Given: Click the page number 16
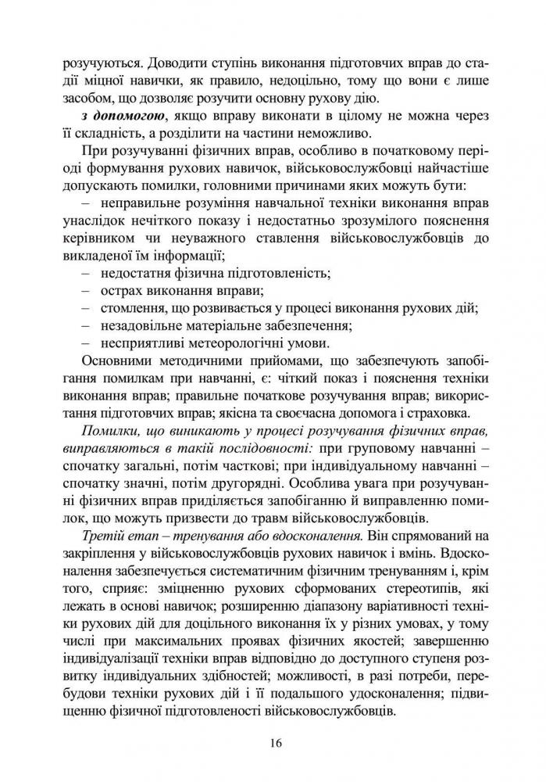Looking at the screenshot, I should [x=273, y=743].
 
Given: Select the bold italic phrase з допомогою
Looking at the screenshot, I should [x=113, y=117].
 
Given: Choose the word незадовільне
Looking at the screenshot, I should [x=144, y=325].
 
